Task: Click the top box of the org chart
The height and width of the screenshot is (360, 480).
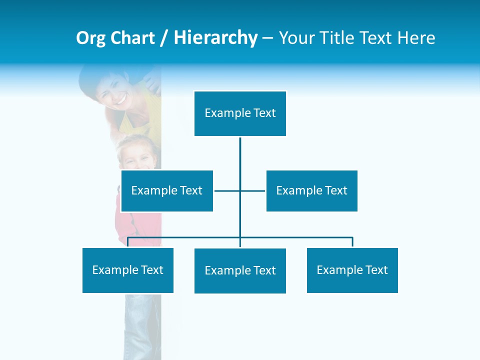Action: click(240, 113)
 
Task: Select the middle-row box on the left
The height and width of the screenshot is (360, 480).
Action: click(167, 190)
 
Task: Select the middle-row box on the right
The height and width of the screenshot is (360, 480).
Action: click(311, 190)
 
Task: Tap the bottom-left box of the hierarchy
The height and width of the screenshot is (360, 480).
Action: click(128, 270)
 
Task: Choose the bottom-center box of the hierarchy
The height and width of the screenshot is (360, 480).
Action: click(240, 270)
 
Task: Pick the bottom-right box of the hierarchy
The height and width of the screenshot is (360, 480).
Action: click(352, 270)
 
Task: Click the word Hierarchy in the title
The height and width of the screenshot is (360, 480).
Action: click(215, 38)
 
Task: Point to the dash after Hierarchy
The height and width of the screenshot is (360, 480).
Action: click(268, 38)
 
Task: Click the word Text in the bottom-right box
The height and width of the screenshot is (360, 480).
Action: click(376, 270)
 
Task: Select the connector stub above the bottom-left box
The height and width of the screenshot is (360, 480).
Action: click(128, 242)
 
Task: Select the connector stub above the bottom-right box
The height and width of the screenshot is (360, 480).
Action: click(352, 242)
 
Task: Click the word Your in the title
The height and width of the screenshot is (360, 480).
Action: click(296, 38)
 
